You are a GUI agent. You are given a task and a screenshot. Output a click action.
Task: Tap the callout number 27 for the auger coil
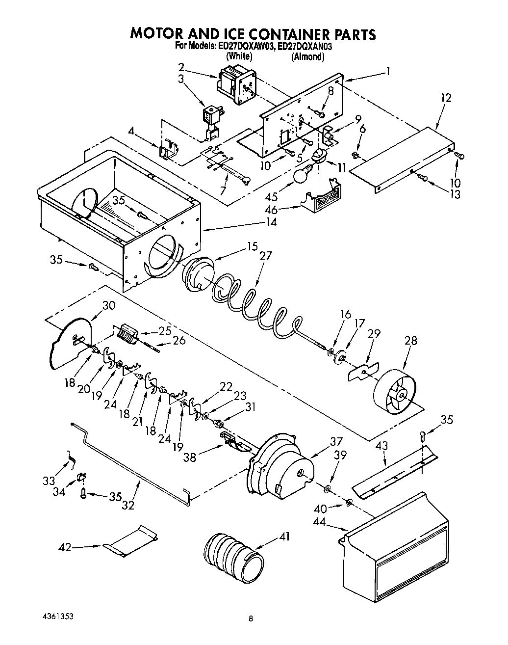pos(265,256)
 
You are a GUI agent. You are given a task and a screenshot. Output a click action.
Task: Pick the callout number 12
pos(445,98)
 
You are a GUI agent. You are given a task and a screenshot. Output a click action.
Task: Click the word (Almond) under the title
pos(307,57)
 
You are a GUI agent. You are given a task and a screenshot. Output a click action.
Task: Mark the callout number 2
pos(181,67)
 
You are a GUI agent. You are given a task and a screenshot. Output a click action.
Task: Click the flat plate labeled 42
pos(130,541)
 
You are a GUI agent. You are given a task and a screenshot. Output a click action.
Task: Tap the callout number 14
pos(271,222)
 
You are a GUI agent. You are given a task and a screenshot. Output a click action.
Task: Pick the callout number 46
pos(271,210)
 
